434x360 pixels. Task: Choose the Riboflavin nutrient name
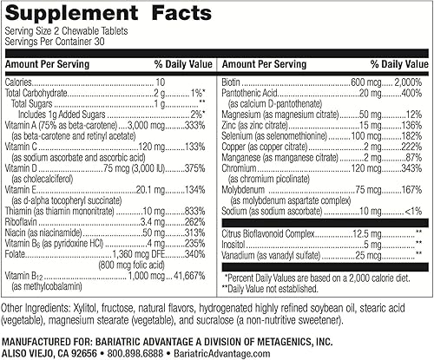click(x=24, y=221)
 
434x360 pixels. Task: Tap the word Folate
click(x=17, y=255)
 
